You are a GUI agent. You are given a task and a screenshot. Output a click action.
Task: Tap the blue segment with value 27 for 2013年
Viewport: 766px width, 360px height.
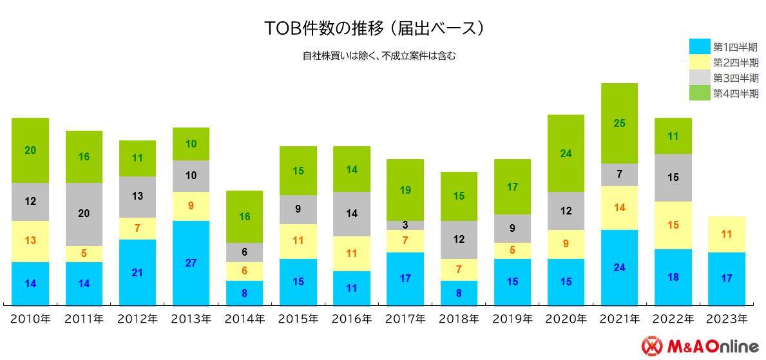click(191, 263)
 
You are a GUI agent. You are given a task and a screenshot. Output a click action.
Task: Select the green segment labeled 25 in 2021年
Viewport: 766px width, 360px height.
click(619, 123)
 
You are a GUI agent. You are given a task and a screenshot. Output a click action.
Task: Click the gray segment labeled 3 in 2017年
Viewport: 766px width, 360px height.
click(405, 225)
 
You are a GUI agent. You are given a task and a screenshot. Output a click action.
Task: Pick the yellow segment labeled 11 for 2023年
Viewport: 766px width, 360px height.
click(726, 234)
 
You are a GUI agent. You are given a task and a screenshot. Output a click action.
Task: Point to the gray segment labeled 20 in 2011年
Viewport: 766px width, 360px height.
click(84, 214)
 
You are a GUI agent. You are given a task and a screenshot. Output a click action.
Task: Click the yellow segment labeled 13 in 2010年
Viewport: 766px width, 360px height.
click(30, 241)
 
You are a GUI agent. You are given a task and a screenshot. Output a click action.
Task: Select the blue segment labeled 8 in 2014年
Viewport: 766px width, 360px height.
click(244, 292)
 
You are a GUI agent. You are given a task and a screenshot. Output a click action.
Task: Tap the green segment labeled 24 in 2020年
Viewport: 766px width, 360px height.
click(566, 153)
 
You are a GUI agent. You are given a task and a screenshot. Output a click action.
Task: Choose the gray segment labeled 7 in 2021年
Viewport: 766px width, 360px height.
click(619, 175)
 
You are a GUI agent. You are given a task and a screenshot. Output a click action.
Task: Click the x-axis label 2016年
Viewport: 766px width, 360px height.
click(352, 319)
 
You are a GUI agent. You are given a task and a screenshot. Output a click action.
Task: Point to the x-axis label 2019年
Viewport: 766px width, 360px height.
click(512, 319)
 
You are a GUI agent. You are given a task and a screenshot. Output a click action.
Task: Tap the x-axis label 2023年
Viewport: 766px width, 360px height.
click(726, 319)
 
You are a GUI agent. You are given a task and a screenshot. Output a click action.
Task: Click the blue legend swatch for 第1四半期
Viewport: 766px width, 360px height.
click(699, 47)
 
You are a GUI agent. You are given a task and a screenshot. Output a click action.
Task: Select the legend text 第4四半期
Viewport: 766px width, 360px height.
click(736, 94)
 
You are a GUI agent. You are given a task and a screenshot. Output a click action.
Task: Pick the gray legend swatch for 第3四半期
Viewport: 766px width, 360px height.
click(699, 78)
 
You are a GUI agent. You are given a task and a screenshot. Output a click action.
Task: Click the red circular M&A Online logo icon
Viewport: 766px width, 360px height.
click(652, 346)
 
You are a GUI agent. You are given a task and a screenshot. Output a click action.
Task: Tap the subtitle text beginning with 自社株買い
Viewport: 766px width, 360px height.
click(379, 56)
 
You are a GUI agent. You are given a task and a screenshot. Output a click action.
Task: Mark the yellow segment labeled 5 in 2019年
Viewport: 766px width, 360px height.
click(512, 251)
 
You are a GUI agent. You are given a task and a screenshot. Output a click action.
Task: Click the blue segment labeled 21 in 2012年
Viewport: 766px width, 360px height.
click(137, 272)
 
